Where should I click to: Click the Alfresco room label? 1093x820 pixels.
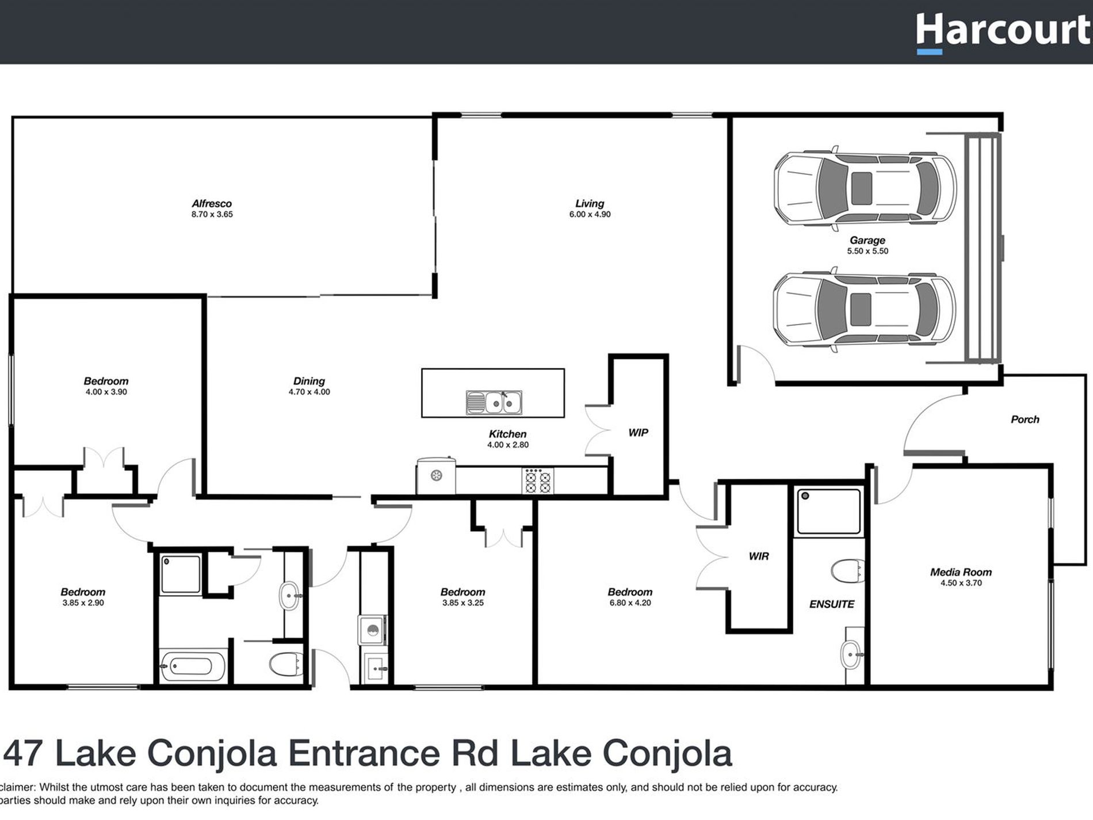[x=212, y=204]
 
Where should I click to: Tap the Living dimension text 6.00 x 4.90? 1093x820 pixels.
[x=590, y=215]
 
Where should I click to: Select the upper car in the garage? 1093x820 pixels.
[x=865, y=188]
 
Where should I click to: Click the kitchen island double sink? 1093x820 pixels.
[x=494, y=402]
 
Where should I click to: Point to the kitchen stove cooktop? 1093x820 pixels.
[x=538, y=481]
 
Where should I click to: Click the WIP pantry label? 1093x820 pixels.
[x=638, y=433]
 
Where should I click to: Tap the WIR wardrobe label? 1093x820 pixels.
[x=758, y=556]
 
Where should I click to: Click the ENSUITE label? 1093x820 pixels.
[x=831, y=604]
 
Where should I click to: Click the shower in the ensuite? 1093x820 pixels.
[x=828, y=512]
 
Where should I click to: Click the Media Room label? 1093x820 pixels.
[x=961, y=573]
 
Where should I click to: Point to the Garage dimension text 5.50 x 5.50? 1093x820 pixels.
[x=867, y=251]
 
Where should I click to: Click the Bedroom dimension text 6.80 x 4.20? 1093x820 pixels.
[x=630, y=603]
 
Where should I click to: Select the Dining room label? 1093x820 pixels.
[x=309, y=382]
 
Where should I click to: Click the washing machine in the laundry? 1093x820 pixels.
[x=372, y=630]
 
